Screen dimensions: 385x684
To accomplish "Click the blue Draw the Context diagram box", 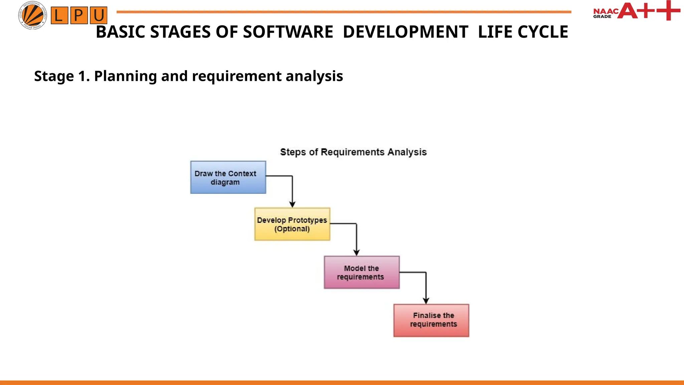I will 228,177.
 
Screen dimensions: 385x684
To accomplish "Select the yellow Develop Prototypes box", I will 292,224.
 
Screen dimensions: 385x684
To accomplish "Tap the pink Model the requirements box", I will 362,272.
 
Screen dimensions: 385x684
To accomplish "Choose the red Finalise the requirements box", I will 431,320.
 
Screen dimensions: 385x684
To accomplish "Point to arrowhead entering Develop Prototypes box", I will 292,205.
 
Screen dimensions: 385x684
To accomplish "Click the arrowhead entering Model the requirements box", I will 356,253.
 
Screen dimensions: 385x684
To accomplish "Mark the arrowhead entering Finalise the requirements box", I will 426,301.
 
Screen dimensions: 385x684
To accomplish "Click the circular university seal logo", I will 32,15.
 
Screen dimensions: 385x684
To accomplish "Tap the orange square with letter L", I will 59,15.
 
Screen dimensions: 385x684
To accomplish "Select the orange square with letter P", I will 79,15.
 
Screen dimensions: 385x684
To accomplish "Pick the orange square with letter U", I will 99,15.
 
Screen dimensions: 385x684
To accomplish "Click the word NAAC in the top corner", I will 606,11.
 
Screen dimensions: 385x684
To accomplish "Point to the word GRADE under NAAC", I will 602,16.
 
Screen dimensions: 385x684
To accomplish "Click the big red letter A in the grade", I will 627,11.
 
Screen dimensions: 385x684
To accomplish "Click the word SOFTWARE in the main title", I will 288,32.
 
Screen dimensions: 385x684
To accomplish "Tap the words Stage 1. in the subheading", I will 62,76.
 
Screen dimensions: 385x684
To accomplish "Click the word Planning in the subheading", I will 125,76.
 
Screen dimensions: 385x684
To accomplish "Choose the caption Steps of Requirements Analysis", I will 353,152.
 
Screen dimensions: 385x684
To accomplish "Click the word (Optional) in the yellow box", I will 292,229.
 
